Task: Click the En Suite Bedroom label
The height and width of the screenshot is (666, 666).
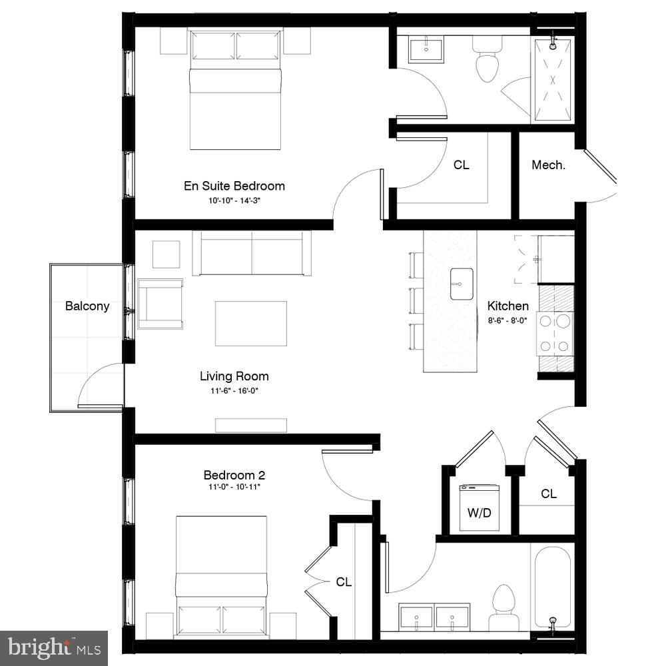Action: [234, 186]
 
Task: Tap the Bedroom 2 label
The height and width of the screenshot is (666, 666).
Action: [234, 475]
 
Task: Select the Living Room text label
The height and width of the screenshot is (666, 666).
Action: [234, 376]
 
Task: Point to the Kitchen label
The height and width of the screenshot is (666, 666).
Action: [508, 306]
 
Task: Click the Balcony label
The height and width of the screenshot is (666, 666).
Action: [87, 306]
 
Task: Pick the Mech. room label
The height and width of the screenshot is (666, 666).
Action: [548, 165]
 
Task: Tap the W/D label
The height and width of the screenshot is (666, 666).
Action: [479, 513]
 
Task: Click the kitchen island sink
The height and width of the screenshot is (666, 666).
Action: [461, 284]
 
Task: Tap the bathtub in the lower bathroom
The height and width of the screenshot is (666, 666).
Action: [551, 586]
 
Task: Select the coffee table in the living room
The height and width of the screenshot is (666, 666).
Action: [250, 323]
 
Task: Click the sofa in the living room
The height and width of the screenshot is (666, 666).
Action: [252, 253]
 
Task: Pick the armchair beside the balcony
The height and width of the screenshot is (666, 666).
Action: [161, 304]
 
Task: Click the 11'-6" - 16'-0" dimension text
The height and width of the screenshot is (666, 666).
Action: [234, 391]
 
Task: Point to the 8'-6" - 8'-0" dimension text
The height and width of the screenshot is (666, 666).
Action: [508, 320]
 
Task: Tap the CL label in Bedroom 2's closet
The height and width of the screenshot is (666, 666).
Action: [343, 582]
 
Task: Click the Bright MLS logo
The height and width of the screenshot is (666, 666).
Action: [54, 647]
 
